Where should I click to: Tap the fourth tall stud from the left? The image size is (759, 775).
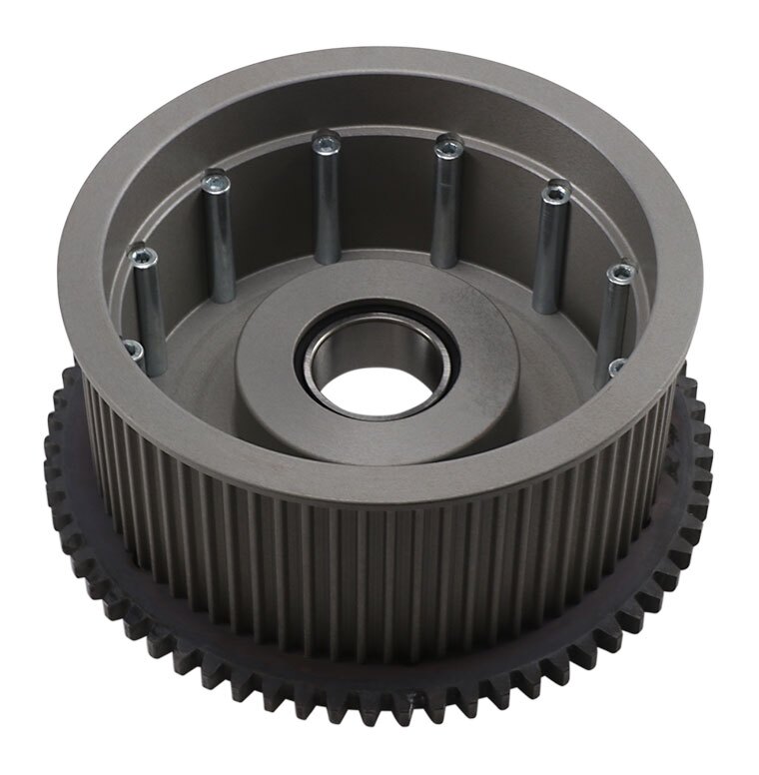pos(446,205)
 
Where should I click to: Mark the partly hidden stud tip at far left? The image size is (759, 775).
pos(132,349)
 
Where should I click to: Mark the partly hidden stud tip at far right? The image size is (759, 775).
pos(617,368)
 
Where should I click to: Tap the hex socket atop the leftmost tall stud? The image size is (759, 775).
pos(144,257)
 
